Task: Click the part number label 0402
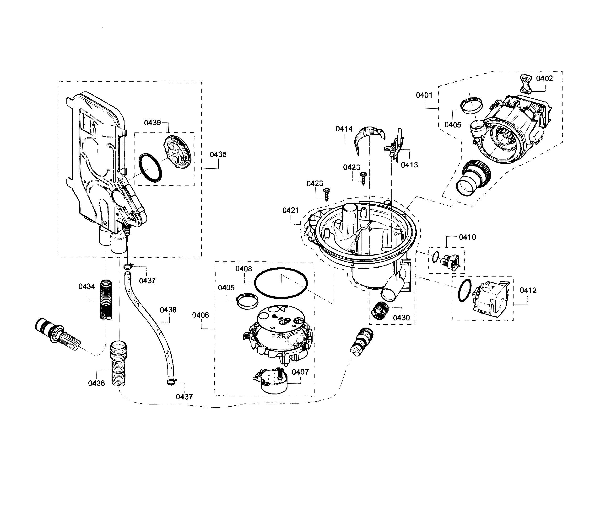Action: point(544,79)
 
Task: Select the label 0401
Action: point(424,95)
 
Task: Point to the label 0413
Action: point(409,165)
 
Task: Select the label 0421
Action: point(290,211)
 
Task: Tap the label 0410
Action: point(467,237)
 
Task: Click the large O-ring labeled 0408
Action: point(281,282)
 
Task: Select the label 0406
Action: point(200,315)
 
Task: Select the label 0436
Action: point(96,383)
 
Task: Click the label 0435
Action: point(218,154)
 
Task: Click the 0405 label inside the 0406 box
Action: point(226,288)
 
